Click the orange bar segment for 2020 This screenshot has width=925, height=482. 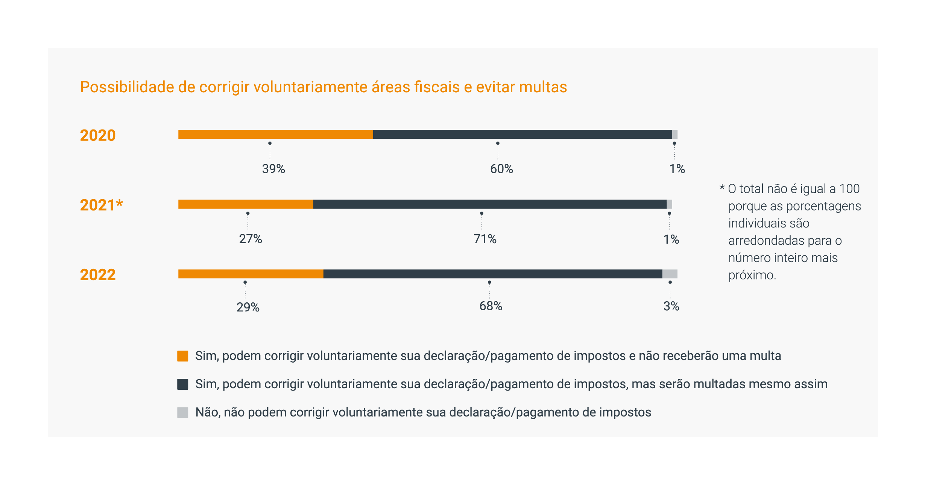(275, 134)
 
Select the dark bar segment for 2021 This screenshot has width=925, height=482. (490, 204)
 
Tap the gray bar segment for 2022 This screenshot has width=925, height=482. (670, 274)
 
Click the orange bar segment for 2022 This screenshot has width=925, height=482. (251, 274)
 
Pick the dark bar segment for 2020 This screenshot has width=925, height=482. (522, 134)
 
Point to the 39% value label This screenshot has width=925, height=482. (273, 169)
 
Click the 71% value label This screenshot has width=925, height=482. (485, 239)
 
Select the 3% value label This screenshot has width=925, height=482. (671, 306)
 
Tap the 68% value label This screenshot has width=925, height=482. (491, 306)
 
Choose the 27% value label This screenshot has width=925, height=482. (251, 239)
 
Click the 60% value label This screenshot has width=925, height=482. (501, 169)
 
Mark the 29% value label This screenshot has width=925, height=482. (248, 307)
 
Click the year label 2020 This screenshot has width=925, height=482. (98, 135)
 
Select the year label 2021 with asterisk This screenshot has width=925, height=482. (101, 205)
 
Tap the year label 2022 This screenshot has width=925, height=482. (98, 275)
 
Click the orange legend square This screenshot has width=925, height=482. (183, 356)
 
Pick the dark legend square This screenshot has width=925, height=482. (183, 384)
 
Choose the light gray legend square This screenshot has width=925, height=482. (183, 412)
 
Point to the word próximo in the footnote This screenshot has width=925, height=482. (752, 275)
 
